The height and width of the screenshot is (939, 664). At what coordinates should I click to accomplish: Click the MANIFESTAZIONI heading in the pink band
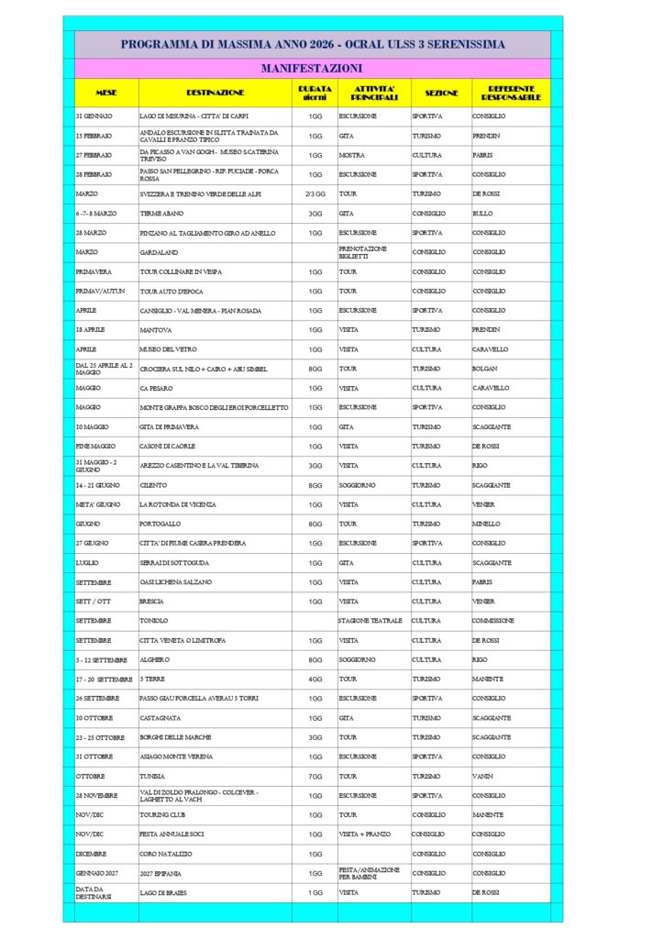click(x=312, y=68)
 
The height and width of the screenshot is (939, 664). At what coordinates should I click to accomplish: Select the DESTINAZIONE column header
click(x=215, y=93)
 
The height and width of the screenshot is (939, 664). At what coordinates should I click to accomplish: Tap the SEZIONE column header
click(x=441, y=93)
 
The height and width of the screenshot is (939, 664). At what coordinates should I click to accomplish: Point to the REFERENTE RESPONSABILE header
click(x=511, y=93)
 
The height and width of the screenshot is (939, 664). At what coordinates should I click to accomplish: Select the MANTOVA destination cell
click(x=154, y=329)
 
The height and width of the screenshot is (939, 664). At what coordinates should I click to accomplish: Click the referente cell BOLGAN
click(x=486, y=369)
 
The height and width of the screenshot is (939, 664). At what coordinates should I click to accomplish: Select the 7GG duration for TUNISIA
click(x=315, y=776)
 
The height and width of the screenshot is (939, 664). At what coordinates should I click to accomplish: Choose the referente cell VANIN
click(x=483, y=776)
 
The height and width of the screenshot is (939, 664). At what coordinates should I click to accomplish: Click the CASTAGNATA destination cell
click(x=160, y=718)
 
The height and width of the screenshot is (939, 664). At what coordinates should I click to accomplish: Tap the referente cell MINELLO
click(x=486, y=524)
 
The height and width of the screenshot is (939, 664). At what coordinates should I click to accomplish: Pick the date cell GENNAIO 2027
click(x=98, y=872)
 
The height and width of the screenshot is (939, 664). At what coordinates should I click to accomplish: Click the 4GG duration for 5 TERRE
click(x=315, y=679)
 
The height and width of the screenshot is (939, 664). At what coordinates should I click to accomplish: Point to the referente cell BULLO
click(x=482, y=213)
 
